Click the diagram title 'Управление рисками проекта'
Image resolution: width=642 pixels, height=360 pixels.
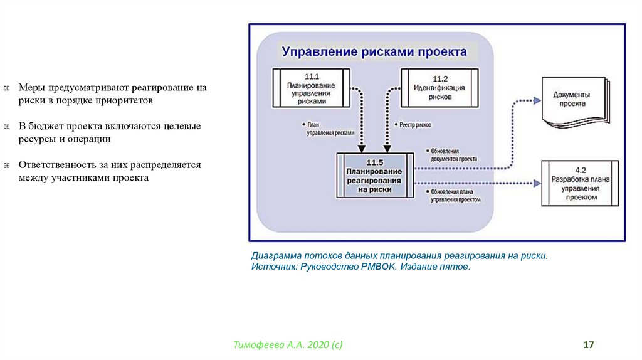coord(374,51)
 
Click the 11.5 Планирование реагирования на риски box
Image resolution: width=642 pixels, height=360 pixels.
coord(375,175)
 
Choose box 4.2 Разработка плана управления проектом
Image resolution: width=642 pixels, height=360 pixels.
coord(580,184)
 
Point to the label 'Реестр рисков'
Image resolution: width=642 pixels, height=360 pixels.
coord(414,125)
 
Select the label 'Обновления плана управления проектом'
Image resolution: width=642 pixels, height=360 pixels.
coord(455,196)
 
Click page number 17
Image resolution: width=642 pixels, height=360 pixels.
coord(588,345)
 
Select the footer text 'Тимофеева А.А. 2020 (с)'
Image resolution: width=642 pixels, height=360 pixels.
coord(288,345)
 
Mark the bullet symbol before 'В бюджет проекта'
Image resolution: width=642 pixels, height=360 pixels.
coord(7,127)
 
